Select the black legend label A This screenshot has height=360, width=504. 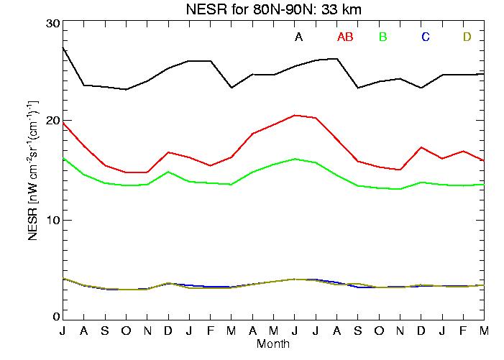pos(298,37)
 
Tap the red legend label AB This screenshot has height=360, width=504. pos(344,37)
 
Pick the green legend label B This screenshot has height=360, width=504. pos(383,37)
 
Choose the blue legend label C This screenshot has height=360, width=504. pos(426,37)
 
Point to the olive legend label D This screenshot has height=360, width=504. pos(467,37)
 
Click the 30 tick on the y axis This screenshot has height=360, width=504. pos(51,23)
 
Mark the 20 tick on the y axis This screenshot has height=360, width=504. pos(51,121)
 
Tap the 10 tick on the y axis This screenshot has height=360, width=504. pos(51,219)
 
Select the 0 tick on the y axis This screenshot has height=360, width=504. pos(55,317)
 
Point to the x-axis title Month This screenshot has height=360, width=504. pos(273,344)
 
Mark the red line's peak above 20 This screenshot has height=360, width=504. pos(295,115)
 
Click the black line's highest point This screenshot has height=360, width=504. pos(63,47)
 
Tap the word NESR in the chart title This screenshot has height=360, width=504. pos(201,9)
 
